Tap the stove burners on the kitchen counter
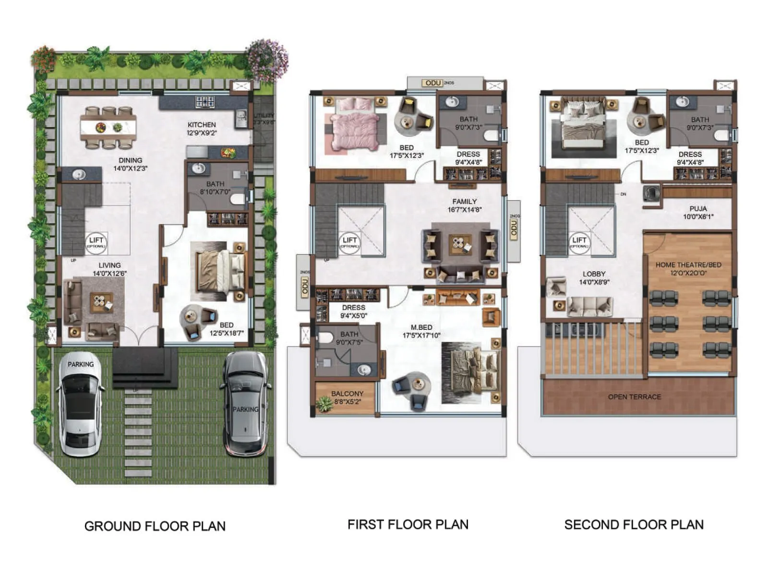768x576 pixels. click(205, 102)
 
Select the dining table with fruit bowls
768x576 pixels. click(108, 128)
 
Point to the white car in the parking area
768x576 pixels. click(80, 406)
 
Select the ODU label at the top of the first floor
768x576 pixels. click(433, 83)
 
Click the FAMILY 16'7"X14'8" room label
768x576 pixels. click(464, 205)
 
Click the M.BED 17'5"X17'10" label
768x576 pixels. click(421, 331)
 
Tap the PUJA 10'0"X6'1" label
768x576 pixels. click(698, 213)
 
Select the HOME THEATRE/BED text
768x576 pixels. click(688, 265)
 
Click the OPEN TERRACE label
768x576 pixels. click(634, 397)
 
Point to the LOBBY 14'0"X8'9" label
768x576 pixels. click(594, 278)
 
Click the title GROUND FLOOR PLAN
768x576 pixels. click(155, 526)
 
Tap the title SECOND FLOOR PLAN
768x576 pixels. click(634, 525)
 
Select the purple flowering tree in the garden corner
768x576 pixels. click(267, 60)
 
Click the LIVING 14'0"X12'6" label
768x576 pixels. click(109, 269)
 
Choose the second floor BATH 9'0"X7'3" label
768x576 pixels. click(700, 123)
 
